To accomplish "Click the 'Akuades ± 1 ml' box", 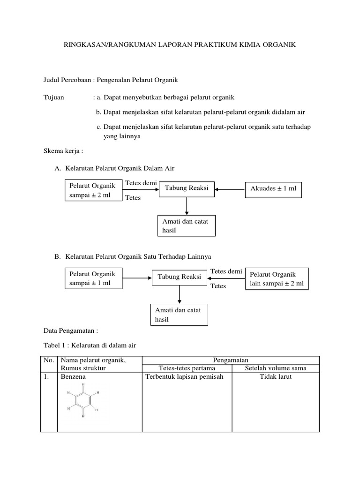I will pos(273,189).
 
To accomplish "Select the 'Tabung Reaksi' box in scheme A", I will pos(187,189).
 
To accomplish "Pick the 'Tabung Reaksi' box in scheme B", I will pos(179,277).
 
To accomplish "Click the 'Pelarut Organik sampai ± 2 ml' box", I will pos(93,190).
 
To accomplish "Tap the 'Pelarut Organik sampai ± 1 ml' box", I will pos(93,278).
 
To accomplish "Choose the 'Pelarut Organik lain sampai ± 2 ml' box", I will pos(277,279).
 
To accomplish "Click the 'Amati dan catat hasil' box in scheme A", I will pos(186,225).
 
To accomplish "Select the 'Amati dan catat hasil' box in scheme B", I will pos(179,315).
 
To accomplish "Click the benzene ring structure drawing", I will pos(83,400).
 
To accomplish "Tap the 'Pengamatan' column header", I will pos(231,360).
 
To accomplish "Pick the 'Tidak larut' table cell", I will pos(276,376).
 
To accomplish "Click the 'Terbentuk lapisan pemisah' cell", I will pos(184,376).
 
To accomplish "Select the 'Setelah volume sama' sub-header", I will pos(276,368).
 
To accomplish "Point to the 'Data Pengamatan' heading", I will pos(70,330).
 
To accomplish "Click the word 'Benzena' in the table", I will pos(74,376).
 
